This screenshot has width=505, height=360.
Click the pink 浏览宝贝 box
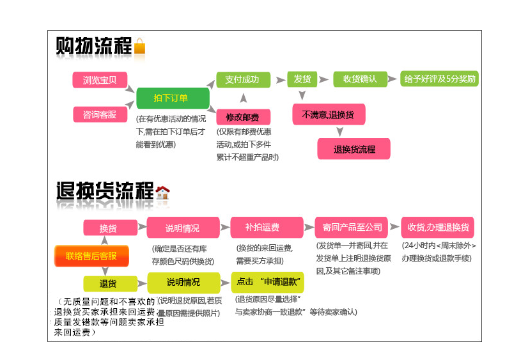100,80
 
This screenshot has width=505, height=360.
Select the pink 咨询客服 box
100,114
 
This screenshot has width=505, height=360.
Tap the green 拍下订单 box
173,98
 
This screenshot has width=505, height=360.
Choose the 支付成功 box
242,79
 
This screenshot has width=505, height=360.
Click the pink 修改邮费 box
243,117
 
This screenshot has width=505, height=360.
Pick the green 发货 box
302,79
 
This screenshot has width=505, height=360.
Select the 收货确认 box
360,79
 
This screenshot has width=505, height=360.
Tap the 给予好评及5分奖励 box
439,79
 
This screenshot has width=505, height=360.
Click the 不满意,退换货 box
329,114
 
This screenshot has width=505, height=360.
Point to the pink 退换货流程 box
354,149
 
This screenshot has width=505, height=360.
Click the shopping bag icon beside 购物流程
139,46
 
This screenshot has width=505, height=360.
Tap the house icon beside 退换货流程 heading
162,191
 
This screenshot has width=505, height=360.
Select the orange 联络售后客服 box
91,256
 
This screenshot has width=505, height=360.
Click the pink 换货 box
109,228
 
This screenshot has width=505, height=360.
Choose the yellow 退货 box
109,283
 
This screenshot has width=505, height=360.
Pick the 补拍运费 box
262,227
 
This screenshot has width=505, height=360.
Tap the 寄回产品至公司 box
352,227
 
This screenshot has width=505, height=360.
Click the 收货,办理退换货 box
438,227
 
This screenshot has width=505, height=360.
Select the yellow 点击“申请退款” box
267,282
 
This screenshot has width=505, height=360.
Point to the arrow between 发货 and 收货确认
325,79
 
